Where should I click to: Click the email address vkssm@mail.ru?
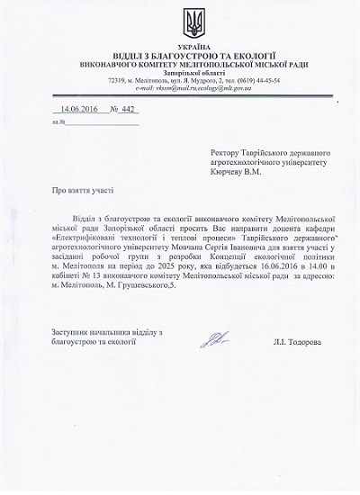pos(157,87)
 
